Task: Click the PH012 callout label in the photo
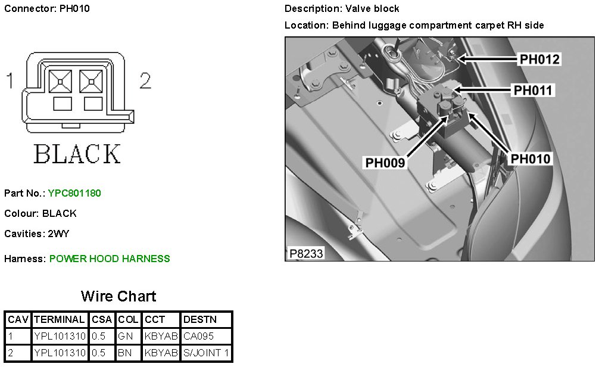[539, 59]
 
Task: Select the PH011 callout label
[532, 91]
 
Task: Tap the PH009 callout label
[385, 163]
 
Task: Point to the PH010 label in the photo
[531, 158]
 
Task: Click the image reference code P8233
[306, 253]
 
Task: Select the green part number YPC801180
[74, 193]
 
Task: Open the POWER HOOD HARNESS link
[110, 259]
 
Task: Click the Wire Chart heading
[118, 296]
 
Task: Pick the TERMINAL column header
[59, 319]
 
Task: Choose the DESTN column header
[200, 319]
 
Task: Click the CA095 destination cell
[198, 336]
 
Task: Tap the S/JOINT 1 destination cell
[206, 353]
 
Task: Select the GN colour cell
[125, 336]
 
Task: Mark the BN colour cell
[124, 353]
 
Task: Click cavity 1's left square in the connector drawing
[60, 82]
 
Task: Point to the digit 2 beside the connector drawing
[145, 80]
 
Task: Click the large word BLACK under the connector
[77, 154]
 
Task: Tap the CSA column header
[102, 319]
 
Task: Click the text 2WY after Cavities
[58, 234]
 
